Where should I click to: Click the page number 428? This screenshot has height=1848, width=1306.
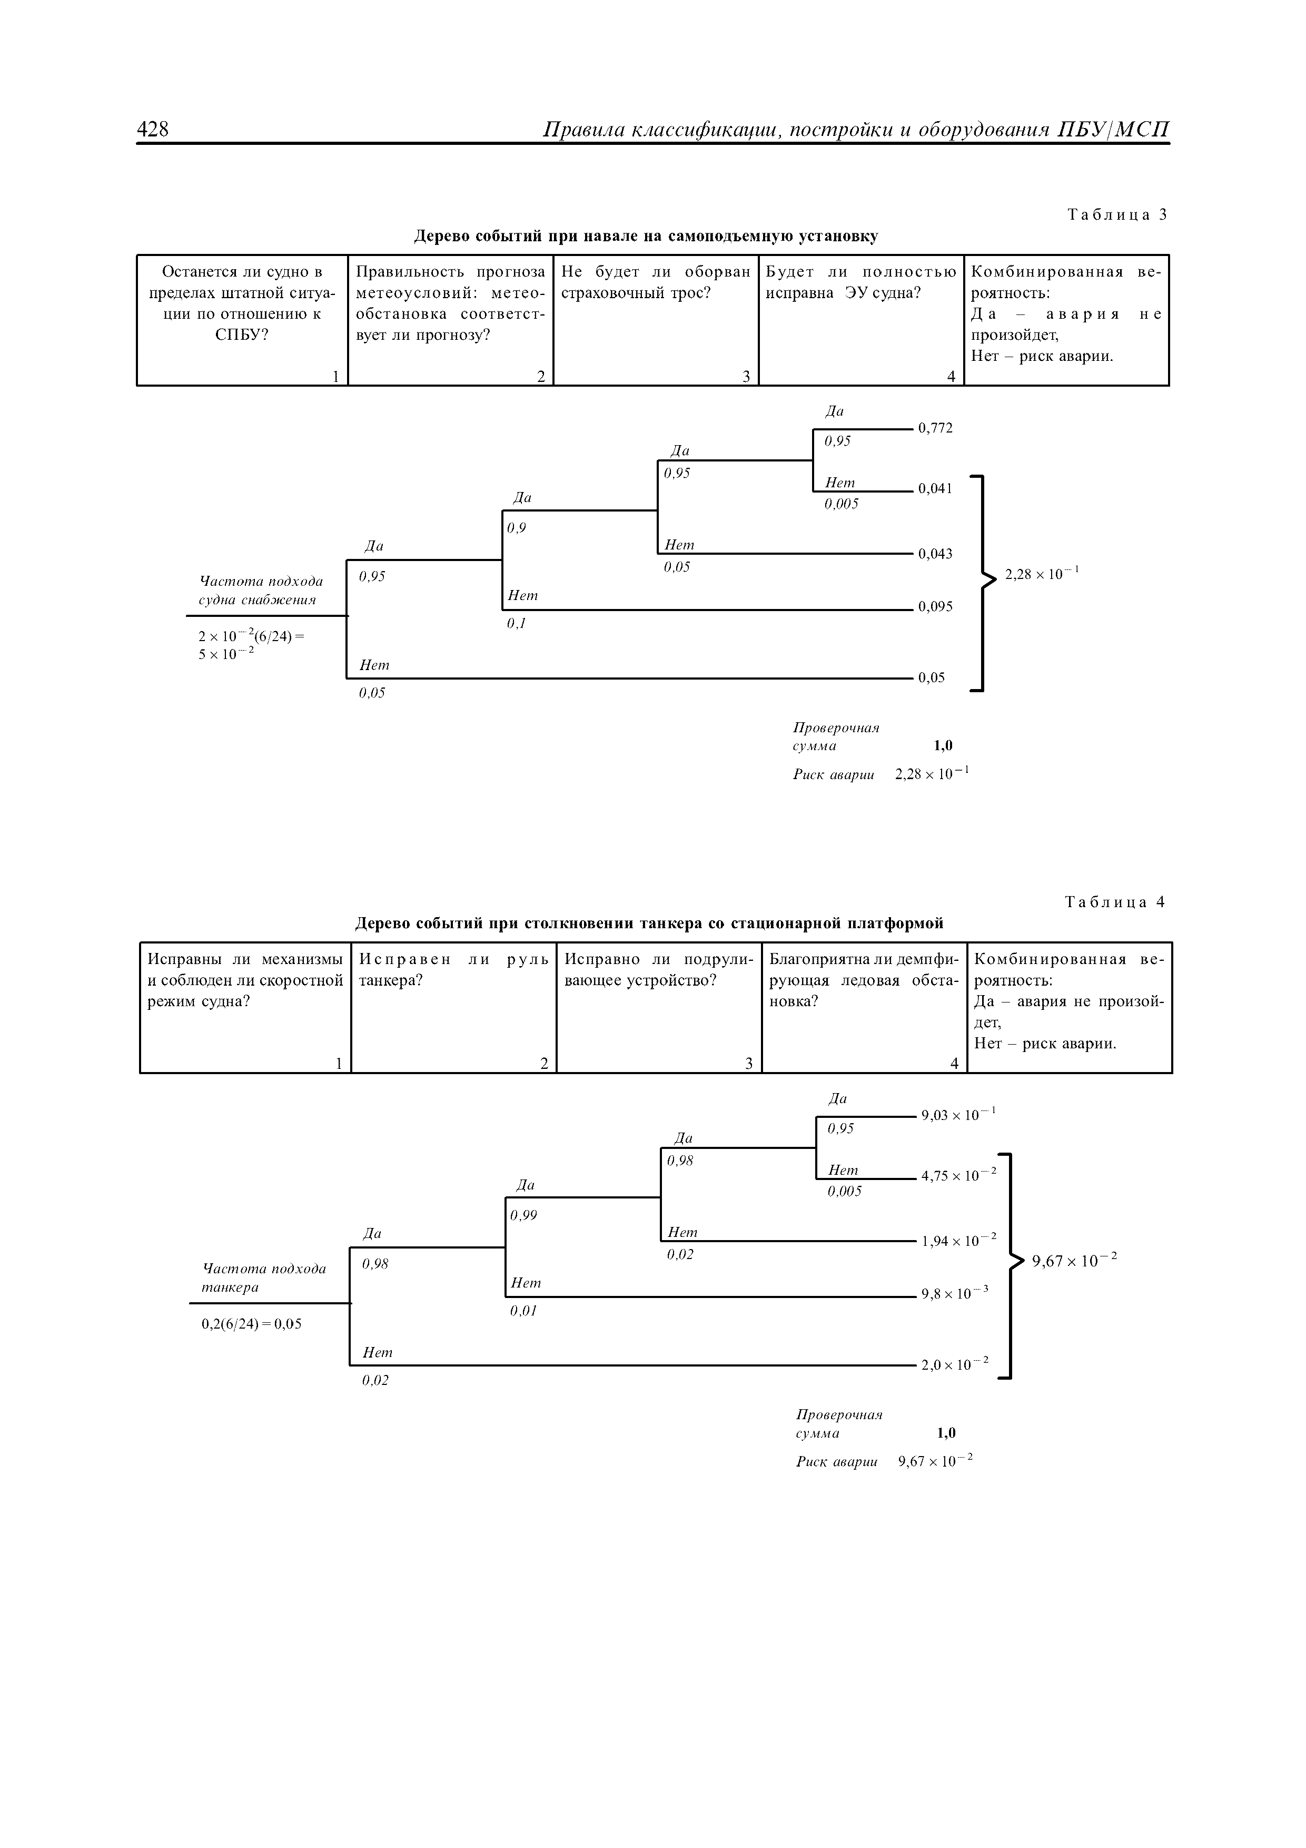(x=153, y=129)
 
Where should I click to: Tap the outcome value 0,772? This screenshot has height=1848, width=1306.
(x=935, y=428)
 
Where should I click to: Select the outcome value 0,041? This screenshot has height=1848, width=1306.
(x=935, y=488)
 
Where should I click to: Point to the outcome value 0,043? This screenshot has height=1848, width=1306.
(x=935, y=554)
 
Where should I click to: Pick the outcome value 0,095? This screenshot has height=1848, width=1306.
(x=935, y=607)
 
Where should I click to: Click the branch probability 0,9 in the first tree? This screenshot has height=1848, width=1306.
(x=517, y=528)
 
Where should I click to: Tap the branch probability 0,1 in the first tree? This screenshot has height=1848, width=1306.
(x=516, y=623)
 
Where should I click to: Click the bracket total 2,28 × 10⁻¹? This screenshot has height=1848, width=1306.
(x=1041, y=574)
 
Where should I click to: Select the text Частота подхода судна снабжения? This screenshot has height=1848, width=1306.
(x=261, y=591)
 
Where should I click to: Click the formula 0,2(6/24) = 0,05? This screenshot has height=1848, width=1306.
(x=251, y=1324)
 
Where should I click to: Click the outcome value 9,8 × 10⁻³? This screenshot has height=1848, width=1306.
(x=954, y=1294)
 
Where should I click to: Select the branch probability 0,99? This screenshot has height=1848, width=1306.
(x=523, y=1215)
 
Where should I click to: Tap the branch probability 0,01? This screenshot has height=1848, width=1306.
(x=523, y=1310)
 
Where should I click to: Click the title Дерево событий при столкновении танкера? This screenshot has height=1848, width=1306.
(x=649, y=922)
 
